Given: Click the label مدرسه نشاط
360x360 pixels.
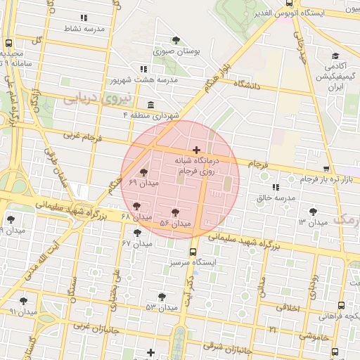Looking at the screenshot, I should [85, 29].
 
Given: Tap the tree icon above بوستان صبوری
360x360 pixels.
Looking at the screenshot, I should [176, 40].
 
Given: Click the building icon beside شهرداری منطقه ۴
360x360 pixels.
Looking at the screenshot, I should [150, 104].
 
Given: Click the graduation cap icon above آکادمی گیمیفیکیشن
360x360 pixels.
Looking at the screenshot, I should [335, 56].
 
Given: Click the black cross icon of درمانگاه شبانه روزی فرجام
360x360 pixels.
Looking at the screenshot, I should [196, 150].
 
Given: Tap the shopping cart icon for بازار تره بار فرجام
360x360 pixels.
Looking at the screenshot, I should [326, 169].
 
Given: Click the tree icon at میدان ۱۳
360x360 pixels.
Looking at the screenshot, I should [312, 210].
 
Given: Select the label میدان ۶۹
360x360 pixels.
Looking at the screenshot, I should [144, 183].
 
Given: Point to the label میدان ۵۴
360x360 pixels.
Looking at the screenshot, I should [175, 224].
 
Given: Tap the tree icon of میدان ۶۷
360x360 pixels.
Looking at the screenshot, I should [137, 232].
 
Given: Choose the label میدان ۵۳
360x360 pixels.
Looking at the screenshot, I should [161, 307].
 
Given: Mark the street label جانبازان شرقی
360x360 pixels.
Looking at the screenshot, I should [228, 346].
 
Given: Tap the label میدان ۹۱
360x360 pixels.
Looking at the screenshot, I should [23, 311].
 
